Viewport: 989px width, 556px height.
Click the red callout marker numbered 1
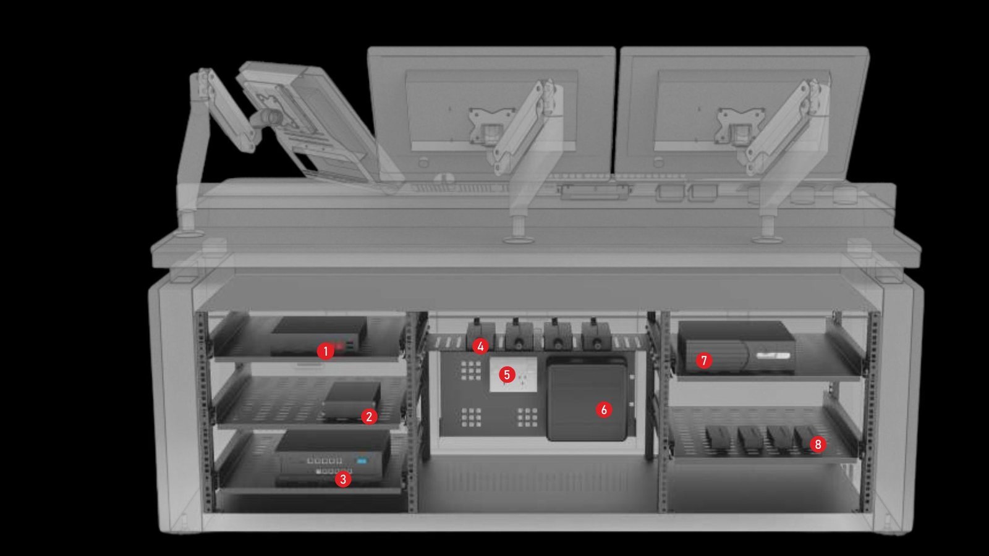325,352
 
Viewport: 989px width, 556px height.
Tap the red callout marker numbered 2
369,416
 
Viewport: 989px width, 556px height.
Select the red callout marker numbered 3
343,479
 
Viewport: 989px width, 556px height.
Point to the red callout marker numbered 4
480,347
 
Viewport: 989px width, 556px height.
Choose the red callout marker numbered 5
507,374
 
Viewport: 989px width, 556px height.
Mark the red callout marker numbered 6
603,410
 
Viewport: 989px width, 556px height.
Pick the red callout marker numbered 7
704,361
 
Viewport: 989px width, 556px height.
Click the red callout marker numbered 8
818,444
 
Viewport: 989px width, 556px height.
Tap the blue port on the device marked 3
362,461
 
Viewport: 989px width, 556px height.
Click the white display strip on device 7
773,355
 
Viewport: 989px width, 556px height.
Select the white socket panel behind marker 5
514,374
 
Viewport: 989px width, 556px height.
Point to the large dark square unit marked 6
587,399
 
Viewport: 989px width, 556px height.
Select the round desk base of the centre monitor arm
519,240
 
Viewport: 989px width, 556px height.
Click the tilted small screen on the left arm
305,121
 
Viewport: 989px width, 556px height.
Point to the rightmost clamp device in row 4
596,335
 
